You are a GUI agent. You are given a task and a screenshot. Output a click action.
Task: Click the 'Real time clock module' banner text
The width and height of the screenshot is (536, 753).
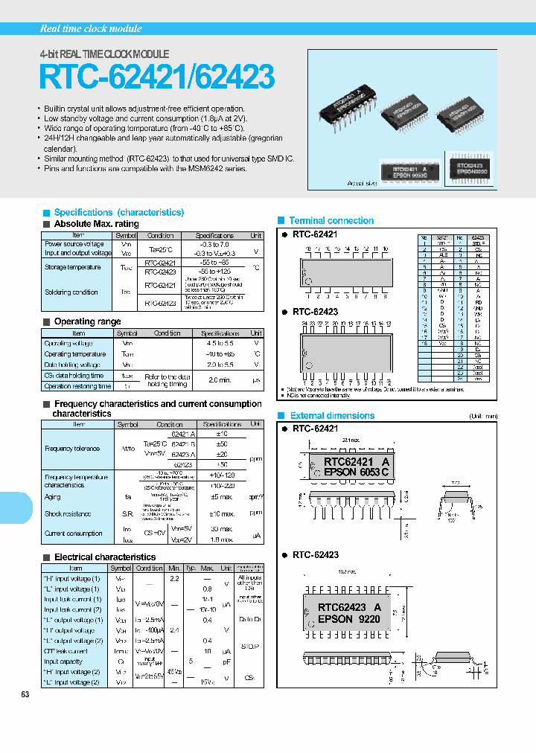click(90, 28)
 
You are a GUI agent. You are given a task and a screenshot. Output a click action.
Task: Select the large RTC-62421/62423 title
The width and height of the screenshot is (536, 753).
click(156, 77)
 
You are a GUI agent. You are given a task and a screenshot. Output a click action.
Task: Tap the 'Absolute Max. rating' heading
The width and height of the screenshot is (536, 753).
click(96, 224)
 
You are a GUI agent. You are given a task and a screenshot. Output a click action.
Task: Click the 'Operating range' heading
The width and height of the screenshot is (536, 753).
click(87, 321)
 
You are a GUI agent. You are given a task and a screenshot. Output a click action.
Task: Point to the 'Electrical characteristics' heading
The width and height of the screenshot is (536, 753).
click(104, 557)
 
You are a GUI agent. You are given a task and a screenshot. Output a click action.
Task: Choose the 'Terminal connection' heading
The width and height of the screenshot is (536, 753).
click(331, 220)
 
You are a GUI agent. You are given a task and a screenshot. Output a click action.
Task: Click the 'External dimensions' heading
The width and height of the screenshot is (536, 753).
click(332, 415)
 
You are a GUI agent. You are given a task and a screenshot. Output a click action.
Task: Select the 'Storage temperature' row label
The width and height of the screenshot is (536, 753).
click(72, 267)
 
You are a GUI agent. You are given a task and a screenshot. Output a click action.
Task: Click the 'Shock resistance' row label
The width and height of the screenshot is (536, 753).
click(68, 513)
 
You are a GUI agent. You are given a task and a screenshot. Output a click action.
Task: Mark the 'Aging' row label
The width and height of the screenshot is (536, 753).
click(53, 496)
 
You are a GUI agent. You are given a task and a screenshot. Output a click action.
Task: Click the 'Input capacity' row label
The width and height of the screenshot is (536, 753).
click(63, 661)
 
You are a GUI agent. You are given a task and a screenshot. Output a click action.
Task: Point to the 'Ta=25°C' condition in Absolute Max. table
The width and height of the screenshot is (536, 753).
click(161, 249)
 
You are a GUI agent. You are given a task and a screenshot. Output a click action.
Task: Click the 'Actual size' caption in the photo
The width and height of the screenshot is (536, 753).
click(362, 182)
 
